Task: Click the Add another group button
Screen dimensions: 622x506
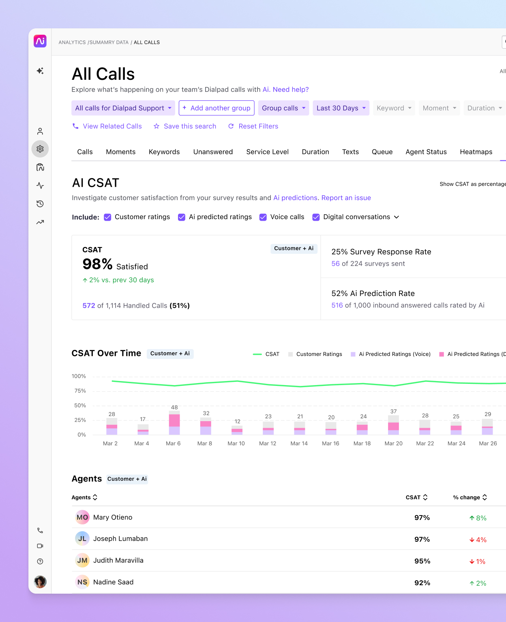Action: click(x=217, y=108)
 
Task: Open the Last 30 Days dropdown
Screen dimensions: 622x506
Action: click(x=341, y=108)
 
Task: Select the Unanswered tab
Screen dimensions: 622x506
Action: click(x=213, y=152)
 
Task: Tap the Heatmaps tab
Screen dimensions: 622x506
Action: click(x=476, y=152)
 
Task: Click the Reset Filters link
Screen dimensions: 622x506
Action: click(x=253, y=126)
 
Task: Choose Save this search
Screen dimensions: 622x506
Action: click(x=185, y=126)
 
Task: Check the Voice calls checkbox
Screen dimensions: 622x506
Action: click(x=263, y=217)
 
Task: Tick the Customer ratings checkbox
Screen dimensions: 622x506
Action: click(x=107, y=217)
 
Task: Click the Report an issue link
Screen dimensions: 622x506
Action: click(x=346, y=198)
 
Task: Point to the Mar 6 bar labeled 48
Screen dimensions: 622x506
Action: click(x=174, y=423)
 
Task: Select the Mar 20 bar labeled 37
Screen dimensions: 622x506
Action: click(x=393, y=425)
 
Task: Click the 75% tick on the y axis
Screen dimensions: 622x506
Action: click(x=80, y=391)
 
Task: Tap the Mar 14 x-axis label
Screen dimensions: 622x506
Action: click(x=299, y=443)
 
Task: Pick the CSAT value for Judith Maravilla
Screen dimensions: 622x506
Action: click(x=422, y=561)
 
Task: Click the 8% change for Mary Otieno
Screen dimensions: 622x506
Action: click(x=478, y=518)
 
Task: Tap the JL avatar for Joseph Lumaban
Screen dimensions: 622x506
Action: click(x=82, y=539)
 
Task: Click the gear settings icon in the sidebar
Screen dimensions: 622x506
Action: click(x=40, y=149)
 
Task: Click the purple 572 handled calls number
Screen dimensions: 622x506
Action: click(x=89, y=306)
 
